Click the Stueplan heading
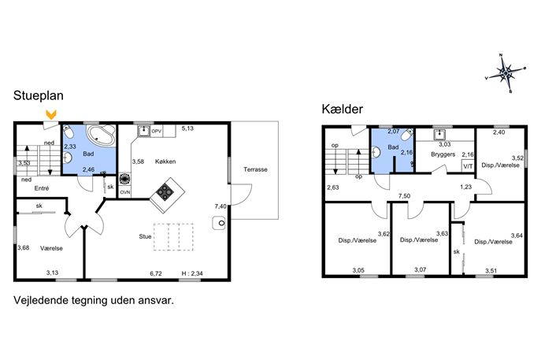tap(39, 95)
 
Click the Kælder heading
tap(343, 109)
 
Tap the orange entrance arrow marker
tap(51, 114)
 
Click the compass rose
tap(506, 73)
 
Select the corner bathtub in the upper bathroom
tap(102, 135)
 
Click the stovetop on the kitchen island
tap(165, 191)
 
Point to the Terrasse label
tap(255, 169)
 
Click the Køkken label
tap(165, 161)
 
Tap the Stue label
tap(145, 236)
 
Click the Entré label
tap(42, 188)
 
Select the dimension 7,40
tap(220, 206)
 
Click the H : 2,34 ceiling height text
tap(192, 273)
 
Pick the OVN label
tap(125, 192)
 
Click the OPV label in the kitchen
tap(157, 132)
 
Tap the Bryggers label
tap(443, 154)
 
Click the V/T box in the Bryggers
tap(468, 165)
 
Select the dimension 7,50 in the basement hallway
tap(404, 196)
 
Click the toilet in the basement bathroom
tap(409, 134)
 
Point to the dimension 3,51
tap(491, 271)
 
